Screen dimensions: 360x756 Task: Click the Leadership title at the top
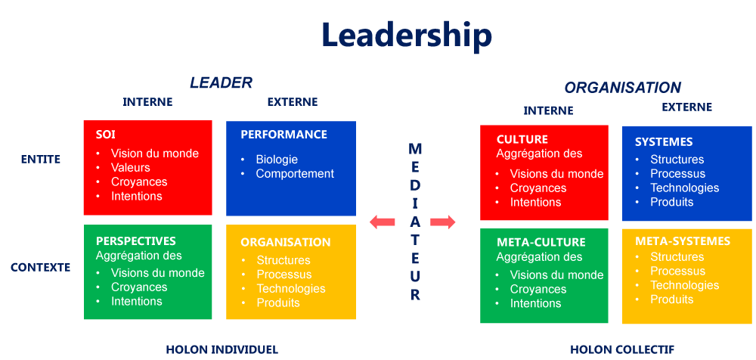point(407,36)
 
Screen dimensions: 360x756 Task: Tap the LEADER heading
point(221,82)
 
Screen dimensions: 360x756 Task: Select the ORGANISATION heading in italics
point(622,88)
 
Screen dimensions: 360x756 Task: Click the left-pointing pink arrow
point(383,222)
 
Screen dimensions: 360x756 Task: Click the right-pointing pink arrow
point(443,222)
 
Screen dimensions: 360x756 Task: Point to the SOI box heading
point(106,134)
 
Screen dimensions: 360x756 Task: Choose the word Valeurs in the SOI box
point(131,167)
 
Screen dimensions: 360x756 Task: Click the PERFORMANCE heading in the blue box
point(283,134)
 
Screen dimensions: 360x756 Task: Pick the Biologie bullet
point(277,159)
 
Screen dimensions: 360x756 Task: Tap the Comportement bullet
point(295,173)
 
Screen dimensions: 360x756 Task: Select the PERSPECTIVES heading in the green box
point(136,241)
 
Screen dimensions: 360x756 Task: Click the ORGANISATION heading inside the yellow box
point(285,242)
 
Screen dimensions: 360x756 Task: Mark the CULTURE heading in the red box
point(522,139)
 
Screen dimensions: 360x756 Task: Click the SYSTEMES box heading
point(664,141)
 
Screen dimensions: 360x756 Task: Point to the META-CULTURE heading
point(541,242)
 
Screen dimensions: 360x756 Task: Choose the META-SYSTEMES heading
point(683,241)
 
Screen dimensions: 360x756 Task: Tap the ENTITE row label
point(41,159)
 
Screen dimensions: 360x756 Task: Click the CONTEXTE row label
point(41,267)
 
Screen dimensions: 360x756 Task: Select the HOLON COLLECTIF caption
point(622,349)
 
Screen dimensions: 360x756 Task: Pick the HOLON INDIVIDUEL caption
point(222,349)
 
